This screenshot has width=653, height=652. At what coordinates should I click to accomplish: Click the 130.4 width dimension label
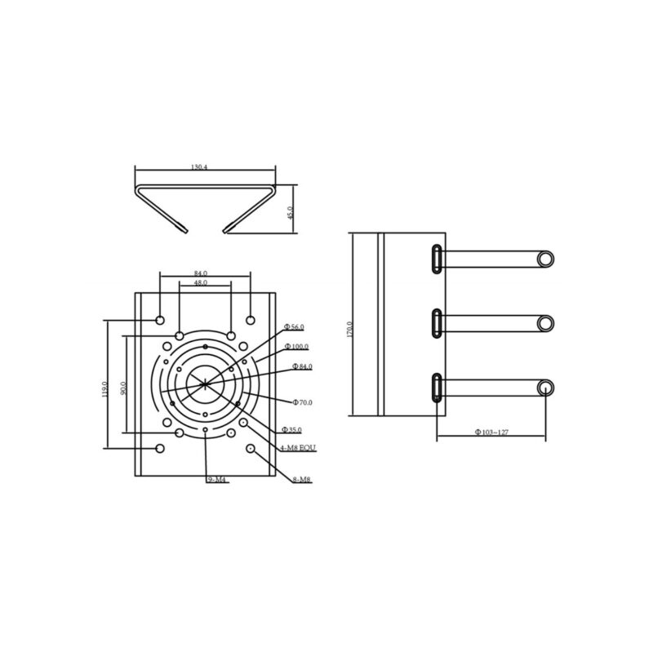(x=199, y=166)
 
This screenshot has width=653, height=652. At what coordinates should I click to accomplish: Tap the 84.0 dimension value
(x=200, y=273)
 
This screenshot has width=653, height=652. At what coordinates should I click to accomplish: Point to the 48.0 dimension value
(x=200, y=282)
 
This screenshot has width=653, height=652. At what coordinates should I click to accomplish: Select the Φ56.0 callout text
(x=294, y=326)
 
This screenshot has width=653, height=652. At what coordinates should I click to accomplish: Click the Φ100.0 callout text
(x=297, y=347)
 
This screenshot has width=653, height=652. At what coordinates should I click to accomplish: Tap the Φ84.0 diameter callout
(x=300, y=366)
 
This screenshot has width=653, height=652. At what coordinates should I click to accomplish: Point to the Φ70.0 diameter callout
(x=303, y=402)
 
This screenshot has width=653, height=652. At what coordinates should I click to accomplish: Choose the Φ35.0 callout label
(x=292, y=429)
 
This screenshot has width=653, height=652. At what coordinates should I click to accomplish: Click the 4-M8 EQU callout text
(x=299, y=449)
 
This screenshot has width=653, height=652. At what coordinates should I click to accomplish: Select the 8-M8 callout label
(x=301, y=480)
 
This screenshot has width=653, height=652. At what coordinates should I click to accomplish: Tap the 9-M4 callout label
(x=216, y=481)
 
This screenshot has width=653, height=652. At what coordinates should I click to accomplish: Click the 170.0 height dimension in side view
(x=349, y=329)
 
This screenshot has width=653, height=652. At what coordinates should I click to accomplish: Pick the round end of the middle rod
(x=546, y=323)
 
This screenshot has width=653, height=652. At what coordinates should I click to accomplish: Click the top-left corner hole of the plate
(x=160, y=319)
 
